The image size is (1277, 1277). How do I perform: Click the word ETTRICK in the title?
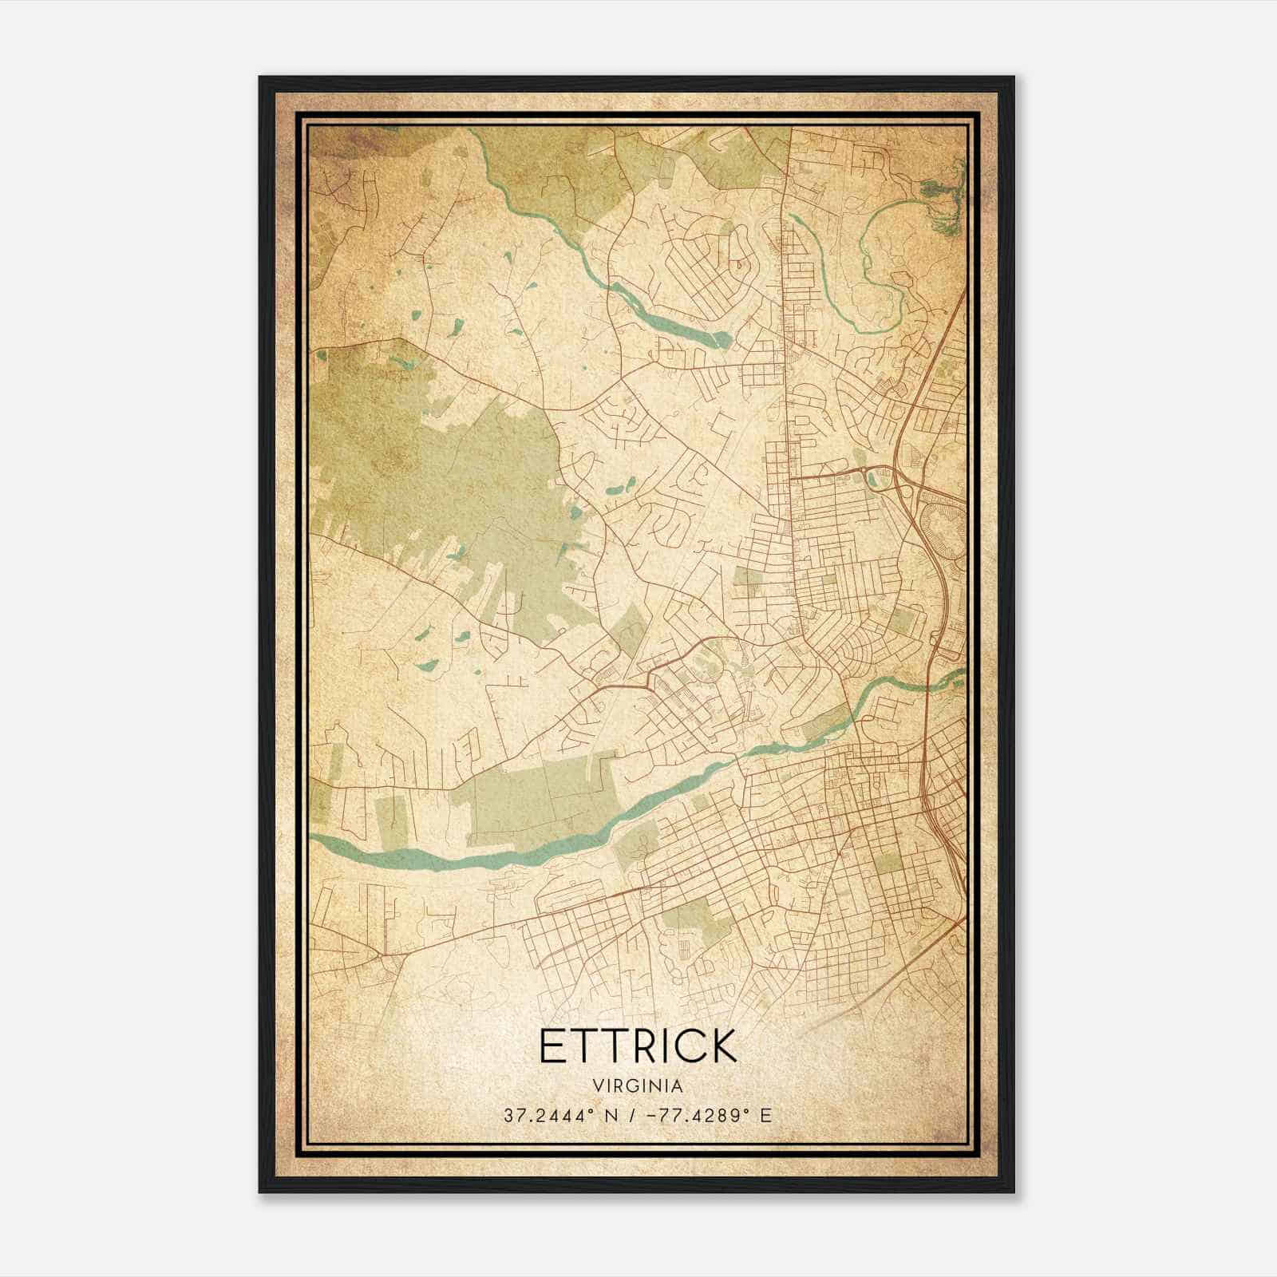coord(637,1046)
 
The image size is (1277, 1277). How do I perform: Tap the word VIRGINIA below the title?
coord(638,1086)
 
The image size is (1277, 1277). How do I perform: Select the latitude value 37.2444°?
coord(550,1115)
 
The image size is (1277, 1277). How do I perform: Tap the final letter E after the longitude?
coord(766,1115)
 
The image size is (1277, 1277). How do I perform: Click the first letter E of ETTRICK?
coord(552,1046)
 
